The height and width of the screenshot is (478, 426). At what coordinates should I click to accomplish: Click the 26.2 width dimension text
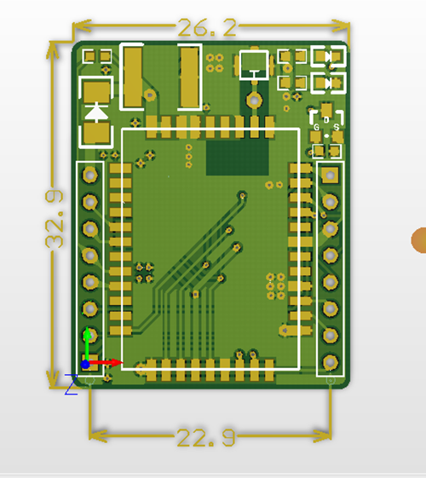(x=207, y=27)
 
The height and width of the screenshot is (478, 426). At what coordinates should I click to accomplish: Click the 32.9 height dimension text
(x=55, y=219)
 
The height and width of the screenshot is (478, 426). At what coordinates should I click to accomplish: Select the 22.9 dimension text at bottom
(x=206, y=438)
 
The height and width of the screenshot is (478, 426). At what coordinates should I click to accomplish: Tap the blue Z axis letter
(x=72, y=384)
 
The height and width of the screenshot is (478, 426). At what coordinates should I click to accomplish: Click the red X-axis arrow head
(x=117, y=362)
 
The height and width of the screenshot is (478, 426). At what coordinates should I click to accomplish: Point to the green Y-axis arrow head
(x=88, y=332)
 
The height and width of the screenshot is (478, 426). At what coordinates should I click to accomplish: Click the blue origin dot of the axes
(x=85, y=364)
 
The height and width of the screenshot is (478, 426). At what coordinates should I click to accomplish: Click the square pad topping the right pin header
(x=331, y=175)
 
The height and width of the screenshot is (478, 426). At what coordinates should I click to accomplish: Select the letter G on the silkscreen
(x=316, y=127)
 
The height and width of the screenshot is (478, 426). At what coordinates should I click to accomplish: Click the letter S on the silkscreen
(x=336, y=127)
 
